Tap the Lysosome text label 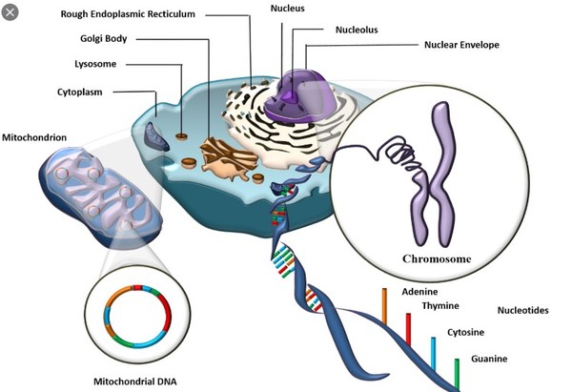pos(96,66)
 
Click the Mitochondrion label pos(34,137)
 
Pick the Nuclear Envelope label pos(460,44)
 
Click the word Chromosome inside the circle pos(439,258)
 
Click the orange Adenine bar pos(385,307)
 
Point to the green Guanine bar pos(458,372)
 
